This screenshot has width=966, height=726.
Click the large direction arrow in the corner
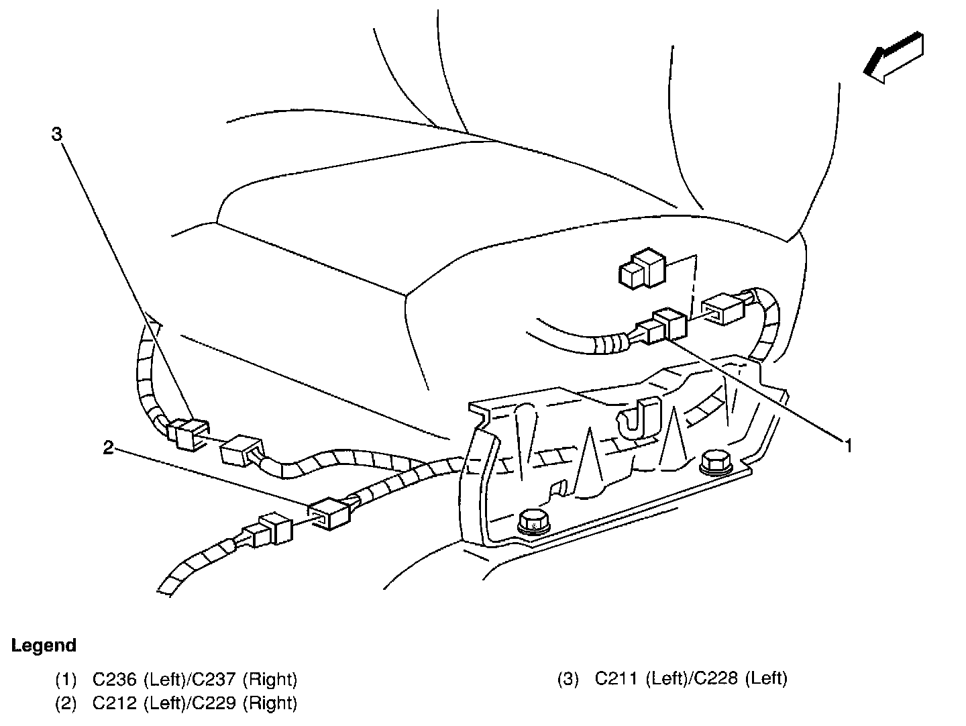894,57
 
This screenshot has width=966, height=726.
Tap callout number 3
57,134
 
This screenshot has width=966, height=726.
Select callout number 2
108,448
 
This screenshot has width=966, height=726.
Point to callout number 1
849,446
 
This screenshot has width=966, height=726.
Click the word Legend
44,645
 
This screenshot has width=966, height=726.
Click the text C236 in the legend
115,679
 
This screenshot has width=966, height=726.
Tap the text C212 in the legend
115,703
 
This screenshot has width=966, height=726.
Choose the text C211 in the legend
616,678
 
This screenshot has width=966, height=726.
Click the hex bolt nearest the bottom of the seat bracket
534,523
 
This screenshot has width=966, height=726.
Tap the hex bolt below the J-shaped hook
716,462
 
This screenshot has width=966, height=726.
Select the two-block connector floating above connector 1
643,269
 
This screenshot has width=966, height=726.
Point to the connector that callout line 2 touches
329,514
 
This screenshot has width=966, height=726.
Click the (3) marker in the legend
568,679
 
